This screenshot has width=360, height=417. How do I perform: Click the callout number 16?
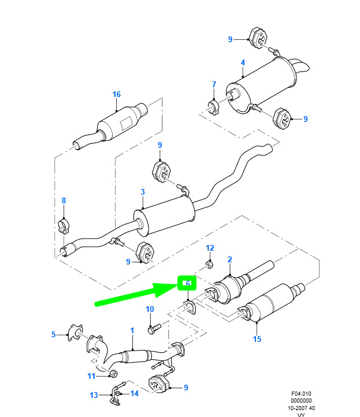pyautogui.click(x=116, y=94)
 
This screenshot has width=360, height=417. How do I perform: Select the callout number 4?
pyautogui.click(x=243, y=62)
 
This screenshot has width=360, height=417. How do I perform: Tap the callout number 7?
pyautogui.click(x=214, y=84)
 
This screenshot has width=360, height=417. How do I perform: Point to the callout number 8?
pyautogui.click(x=64, y=200)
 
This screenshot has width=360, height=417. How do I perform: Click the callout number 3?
pyautogui.click(x=143, y=192)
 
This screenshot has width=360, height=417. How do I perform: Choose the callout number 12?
pyautogui.click(x=210, y=248)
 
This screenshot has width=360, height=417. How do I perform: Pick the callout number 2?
pyautogui.click(x=230, y=259)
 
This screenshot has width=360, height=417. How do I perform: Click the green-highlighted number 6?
pyautogui.click(x=188, y=283)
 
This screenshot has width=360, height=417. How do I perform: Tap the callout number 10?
pyautogui.click(x=150, y=309)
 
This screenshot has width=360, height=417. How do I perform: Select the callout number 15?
pyautogui.click(x=257, y=339)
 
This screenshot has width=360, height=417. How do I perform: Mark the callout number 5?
pyautogui.click(x=54, y=334)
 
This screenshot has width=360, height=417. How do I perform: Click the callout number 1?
pyautogui.click(x=132, y=330)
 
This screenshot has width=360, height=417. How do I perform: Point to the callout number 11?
pyautogui.click(x=91, y=376)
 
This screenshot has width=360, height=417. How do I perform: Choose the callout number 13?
pyautogui.click(x=94, y=395)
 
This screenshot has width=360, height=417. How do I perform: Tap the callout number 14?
pyautogui.click(x=135, y=393)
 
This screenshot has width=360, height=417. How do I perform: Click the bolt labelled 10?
pyautogui.click(x=154, y=329)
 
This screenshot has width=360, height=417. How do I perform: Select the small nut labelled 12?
pyautogui.click(x=209, y=265)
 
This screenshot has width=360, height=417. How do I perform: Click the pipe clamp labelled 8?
pyautogui.click(x=64, y=226)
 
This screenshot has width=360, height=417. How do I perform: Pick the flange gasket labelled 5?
pyautogui.click(x=75, y=333)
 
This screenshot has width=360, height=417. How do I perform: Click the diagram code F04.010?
pyautogui.click(x=301, y=393)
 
